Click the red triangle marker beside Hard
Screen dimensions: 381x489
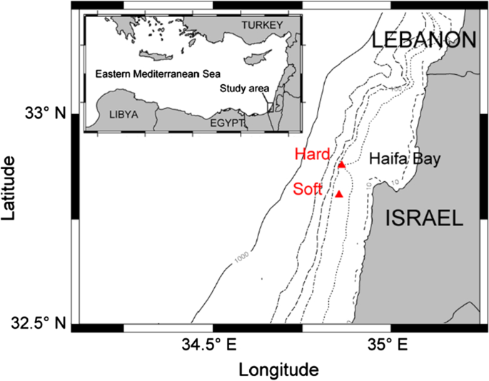coord(341,165)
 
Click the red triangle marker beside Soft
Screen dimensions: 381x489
coord(339,193)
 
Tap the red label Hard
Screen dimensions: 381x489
coord(312,154)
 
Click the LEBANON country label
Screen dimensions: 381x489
coord(424,41)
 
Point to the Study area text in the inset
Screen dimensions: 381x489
coord(244,88)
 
